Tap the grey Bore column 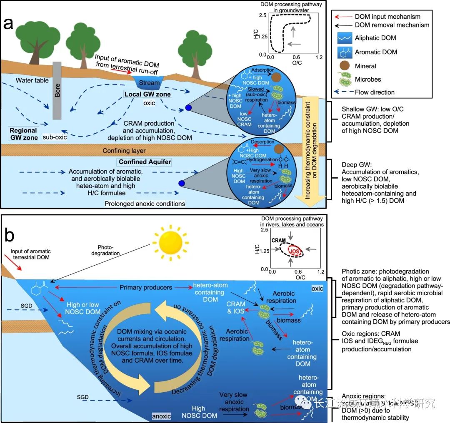click(58, 92)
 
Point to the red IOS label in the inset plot click(295, 251)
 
